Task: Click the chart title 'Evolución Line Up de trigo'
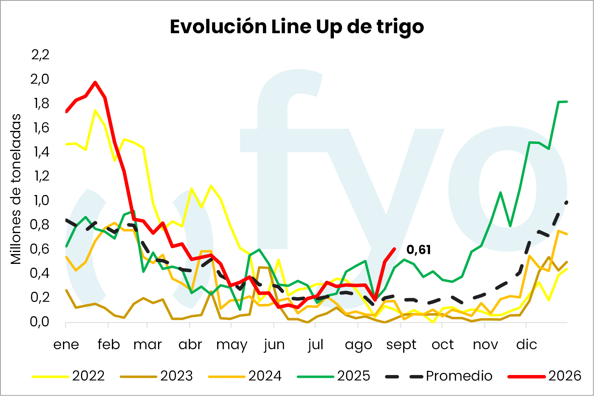pyautogui.click(x=297, y=27)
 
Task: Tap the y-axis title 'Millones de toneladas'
pyautogui.click(x=16, y=189)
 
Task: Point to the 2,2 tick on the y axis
pyautogui.click(x=40, y=55)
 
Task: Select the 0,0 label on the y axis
pyautogui.click(x=40, y=322)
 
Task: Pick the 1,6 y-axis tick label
pyautogui.click(x=41, y=128)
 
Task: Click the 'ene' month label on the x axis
pyautogui.click(x=66, y=345)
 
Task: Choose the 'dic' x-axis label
pyautogui.click(x=527, y=344)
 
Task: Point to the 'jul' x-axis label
pyautogui.click(x=316, y=345)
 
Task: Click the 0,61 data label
pyautogui.click(x=418, y=250)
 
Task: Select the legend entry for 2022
pyautogui.click(x=68, y=376)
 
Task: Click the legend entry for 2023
pyautogui.click(x=156, y=376)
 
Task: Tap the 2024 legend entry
pyautogui.click(x=244, y=376)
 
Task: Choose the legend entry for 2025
pyautogui.click(x=333, y=376)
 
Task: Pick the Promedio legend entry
pyautogui.click(x=439, y=376)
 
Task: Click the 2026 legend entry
pyautogui.click(x=544, y=376)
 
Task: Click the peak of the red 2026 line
pyautogui.click(x=95, y=82)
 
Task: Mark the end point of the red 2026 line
pyautogui.click(x=395, y=249)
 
